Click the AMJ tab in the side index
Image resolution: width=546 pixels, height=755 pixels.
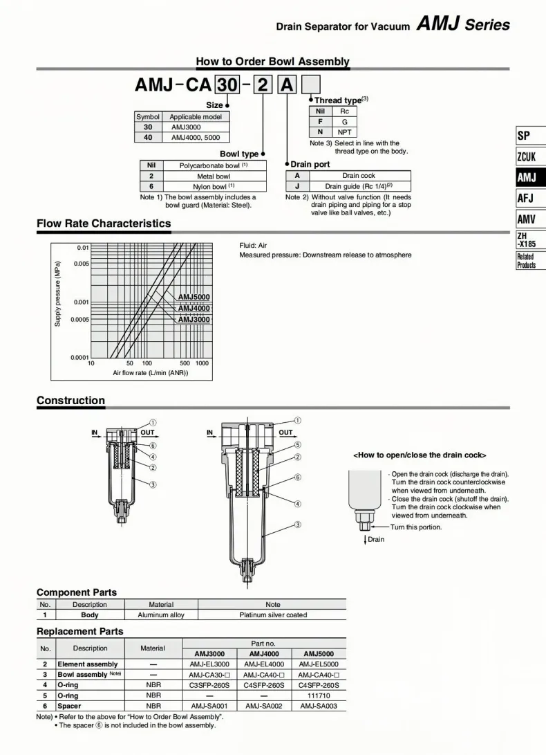[x=527, y=178]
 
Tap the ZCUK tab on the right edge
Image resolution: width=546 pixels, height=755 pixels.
[x=527, y=156]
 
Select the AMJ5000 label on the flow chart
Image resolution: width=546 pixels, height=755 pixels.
[x=194, y=297]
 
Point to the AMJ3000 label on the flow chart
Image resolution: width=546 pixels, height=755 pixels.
[x=194, y=319]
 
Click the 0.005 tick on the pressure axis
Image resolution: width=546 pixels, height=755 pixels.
[x=82, y=264]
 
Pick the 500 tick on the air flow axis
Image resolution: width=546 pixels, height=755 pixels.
[x=185, y=363]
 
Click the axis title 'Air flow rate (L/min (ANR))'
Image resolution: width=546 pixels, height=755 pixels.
[x=151, y=373]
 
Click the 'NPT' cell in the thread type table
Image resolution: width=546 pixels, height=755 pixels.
[x=345, y=131]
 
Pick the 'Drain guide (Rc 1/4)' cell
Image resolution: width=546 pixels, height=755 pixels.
[x=359, y=186]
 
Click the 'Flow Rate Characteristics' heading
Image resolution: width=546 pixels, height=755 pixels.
[x=104, y=224]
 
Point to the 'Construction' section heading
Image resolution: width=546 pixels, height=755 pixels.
[x=70, y=400]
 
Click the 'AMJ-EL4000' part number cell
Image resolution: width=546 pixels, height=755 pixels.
[x=264, y=664]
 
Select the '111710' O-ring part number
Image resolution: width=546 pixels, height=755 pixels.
[x=319, y=695]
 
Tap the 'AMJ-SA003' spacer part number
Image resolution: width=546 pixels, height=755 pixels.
[x=319, y=706]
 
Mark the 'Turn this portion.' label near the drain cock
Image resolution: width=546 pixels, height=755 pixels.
[x=415, y=527]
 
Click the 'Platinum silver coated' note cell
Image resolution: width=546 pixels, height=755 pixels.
[x=273, y=615]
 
